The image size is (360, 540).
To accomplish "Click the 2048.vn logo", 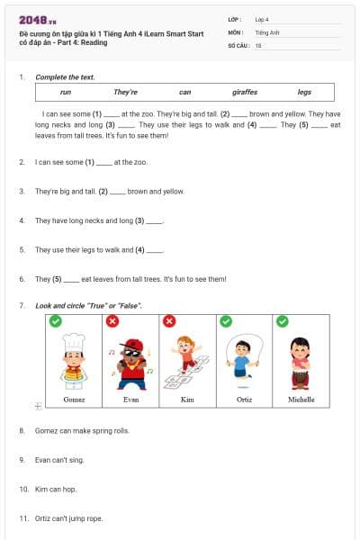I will (38, 20).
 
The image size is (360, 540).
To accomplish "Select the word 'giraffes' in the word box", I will (245, 92).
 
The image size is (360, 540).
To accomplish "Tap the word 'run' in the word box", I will (66, 92).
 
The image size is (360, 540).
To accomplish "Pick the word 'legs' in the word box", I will (304, 92).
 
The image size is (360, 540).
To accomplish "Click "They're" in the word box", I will (125, 92).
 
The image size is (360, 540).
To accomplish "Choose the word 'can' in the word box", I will (184, 92).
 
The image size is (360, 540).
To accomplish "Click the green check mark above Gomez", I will (56, 321).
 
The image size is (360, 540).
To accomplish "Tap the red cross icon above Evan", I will (112, 321).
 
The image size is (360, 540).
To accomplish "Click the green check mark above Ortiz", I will (226, 321).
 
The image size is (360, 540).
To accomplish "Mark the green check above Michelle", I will (283, 321).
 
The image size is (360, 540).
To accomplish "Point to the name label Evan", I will (131, 399).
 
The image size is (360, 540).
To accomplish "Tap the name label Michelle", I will (301, 399).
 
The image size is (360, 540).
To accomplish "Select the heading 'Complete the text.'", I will (65, 77).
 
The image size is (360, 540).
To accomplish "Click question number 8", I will (22, 431).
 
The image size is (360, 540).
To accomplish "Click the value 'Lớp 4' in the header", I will (261, 18).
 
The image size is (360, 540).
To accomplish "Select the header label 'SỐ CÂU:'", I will (238, 44).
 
